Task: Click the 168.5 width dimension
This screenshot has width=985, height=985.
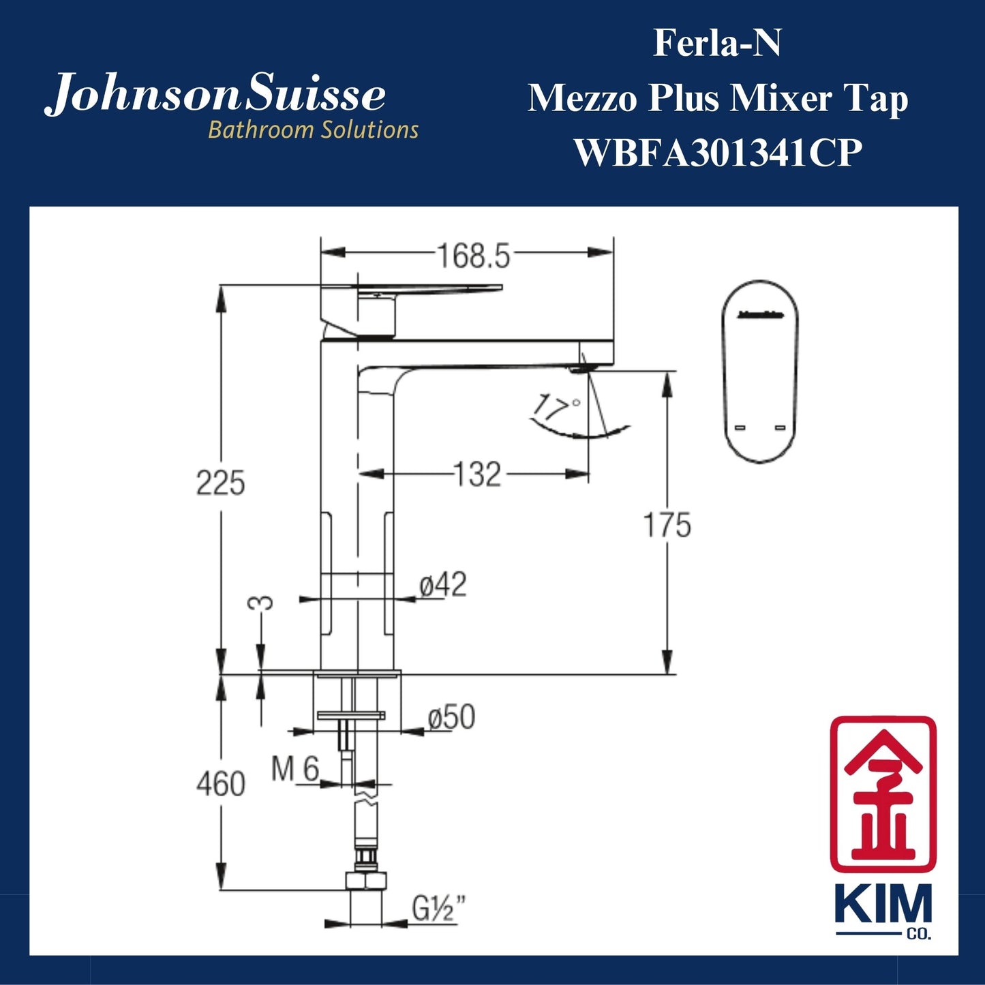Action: tap(473, 256)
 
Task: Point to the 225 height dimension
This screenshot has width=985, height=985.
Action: tap(220, 483)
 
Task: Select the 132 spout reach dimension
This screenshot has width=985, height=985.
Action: tap(477, 474)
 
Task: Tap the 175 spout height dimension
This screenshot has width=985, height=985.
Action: tap(667, 525)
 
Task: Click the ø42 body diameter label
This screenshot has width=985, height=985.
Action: tap(443, 585)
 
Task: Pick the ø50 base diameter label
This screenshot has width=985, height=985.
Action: tap(451, 717)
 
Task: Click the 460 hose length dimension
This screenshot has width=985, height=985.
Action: tap(220, 784)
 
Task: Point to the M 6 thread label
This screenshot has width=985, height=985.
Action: tap(295, 770)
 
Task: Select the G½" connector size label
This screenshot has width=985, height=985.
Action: tap(440, 908)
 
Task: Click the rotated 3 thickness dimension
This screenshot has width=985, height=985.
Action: tap(261, 603)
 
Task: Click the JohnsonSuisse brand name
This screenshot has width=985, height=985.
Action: tap(215, 95)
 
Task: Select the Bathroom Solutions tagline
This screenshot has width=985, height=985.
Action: tap(313, 130)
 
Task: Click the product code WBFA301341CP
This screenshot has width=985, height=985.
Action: tap(718, 152)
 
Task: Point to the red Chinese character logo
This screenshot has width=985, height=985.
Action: tap(883, 793)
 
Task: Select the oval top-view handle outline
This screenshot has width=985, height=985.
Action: tap(760, 372)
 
